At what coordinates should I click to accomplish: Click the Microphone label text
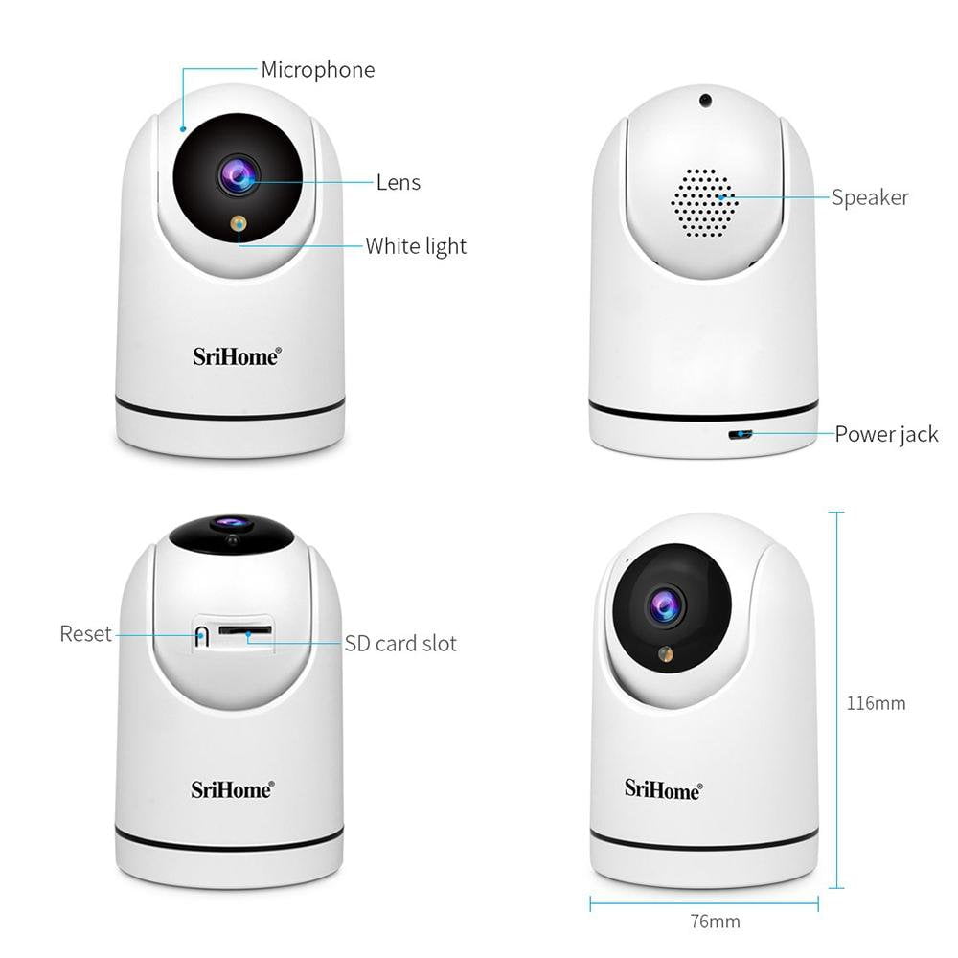pyautogui.click(x=318, y=70)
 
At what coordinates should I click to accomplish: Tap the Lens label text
pyautogui.click(x=399, y=182)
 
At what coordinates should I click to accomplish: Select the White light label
pyautogui.click(x=416, y=246)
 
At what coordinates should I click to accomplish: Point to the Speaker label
pyautogui.click(x=870, y=198)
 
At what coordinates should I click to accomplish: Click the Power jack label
pyautogui.click(x=886, y=434)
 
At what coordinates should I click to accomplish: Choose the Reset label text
pyautogui.click(x=85, y=633)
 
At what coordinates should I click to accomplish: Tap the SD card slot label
pyautogui.click(x=400, y=644)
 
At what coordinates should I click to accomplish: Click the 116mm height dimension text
pyautogui.click(x=876, y=703)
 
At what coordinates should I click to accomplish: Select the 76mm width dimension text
pyautogui.click(x=715, y=922)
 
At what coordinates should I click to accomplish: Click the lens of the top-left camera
pyautogui.click(x=239, y=175)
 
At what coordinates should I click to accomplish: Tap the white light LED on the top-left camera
pyautogui.click(x=239, y=223)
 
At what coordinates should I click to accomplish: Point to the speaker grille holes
pyautogui.click(x=704, y=203)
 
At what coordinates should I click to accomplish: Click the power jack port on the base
pyautogui.click(x=740, y=434)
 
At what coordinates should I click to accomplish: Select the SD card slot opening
pyautogui.click(x=245, y=629)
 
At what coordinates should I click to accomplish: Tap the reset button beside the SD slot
pyautogui.click(x=201, y=635)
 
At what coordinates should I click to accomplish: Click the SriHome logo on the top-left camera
pyautogui.click(x=237, y=356)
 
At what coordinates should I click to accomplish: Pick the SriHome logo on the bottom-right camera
pyautogui.click(x=663, y=789)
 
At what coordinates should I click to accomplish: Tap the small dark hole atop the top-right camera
pyautogui.click(x=706, y=101)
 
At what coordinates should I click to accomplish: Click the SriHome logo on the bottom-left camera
pyautogui.click(x=232, y=789)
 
